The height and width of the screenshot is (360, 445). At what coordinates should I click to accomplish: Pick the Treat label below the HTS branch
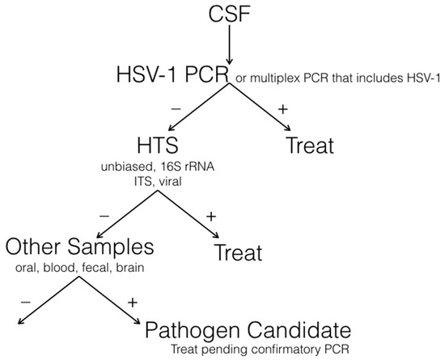coord(238,252)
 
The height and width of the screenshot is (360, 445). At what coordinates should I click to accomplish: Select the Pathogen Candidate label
coord(249,330)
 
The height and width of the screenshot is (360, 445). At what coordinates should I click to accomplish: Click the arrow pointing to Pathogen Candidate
coord(110,303)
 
